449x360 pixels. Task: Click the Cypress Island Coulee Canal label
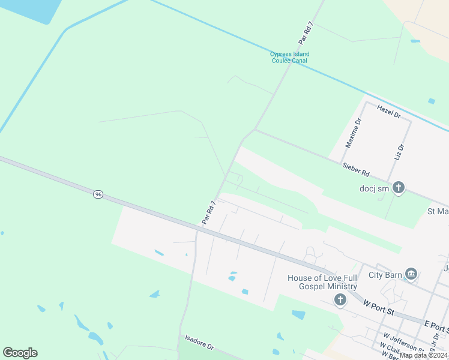(x=290, y=58)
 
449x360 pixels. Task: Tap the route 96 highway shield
(x=98, y=194)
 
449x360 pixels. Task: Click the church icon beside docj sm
(x=399, y=188)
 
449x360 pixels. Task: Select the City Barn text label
(x=384, y=274)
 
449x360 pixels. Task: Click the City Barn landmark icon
(x=411, y=274)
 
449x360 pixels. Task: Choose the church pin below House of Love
(x=340, y=299)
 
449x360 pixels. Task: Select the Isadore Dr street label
(x=199, y=343)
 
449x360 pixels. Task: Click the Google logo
(x=20, y=353)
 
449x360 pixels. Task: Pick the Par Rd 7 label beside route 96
(x=208, y=213)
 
